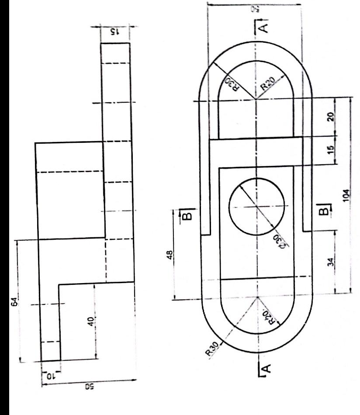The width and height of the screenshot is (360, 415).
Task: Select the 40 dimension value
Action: [x=90, y=321]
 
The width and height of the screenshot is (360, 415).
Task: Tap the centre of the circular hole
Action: [x=256, y=206]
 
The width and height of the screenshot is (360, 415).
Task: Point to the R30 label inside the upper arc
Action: [x=230, y=83]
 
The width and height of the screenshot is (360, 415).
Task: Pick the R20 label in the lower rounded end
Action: [x=267, y=320]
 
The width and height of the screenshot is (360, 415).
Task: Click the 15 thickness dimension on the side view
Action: [x=114, y=32]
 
